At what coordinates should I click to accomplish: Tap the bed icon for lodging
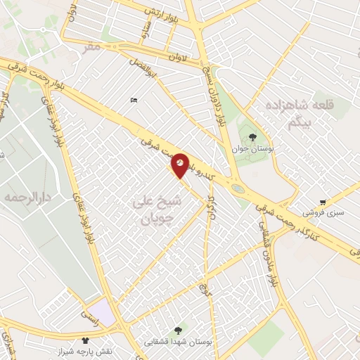click(x=134, y=101)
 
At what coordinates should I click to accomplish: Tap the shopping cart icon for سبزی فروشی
click(x=323, y=202)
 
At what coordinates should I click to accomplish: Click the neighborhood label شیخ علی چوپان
click(x=157, y=210)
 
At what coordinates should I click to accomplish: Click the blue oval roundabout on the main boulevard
click(x=238, y=188)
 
